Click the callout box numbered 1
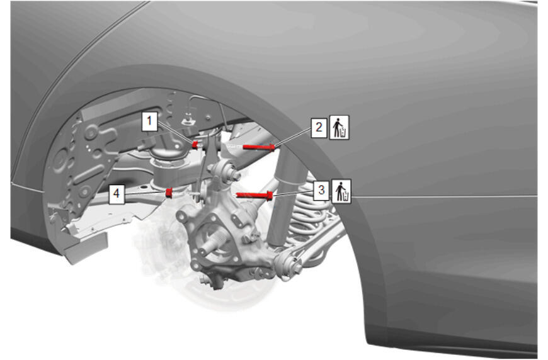point(149,121)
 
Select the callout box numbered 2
point(319,127)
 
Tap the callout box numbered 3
point(321,191)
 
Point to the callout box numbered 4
point(117,194)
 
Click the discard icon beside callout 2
point(339,128)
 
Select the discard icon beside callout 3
point(341,192)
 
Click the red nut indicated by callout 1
point(196,144)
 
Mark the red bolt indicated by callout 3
point(254,195)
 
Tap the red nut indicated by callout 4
point(169,193)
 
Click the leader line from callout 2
point(294,137)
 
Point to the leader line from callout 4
point(145,193)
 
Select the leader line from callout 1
point(176,133)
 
